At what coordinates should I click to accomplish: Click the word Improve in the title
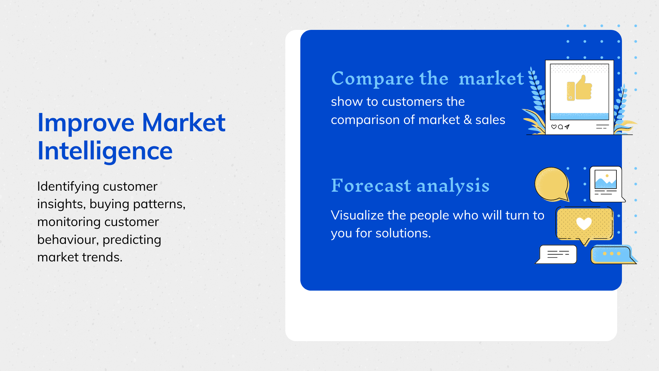pos(86,123)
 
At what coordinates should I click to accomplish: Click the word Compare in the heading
pos(373,79)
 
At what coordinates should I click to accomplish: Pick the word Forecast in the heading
pos(371,185)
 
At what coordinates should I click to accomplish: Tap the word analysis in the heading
pos(453,186)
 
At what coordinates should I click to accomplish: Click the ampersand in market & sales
pos(467,120)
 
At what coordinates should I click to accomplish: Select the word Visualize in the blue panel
pos(357,215)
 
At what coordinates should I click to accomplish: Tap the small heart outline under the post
pos(554,127)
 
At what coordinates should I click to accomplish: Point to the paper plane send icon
pos(567,127)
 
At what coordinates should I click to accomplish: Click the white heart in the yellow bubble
pos(584,223)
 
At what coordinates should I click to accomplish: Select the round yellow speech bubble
pos(552,184)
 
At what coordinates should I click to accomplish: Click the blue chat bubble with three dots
pos(613,255)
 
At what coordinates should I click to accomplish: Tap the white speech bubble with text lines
pos(557,254)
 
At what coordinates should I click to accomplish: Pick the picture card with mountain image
pos(606,184)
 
